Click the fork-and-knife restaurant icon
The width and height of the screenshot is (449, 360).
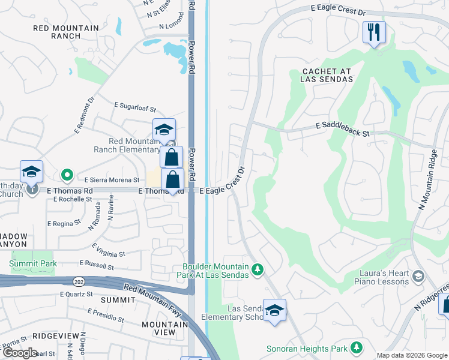(x=374, y=32)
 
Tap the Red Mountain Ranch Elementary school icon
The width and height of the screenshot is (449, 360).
(x=164, y=130)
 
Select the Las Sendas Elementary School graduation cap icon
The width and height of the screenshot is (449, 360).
(x=274, y=310)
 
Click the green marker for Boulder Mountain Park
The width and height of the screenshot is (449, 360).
(x=257, y=269)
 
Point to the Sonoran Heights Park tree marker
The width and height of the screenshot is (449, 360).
(x=357, y=347)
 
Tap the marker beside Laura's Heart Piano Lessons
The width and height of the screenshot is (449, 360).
(x=418, y=276)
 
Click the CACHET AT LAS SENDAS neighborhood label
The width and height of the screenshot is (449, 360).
(x=327, y=75)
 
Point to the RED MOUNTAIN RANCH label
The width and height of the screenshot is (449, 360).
(x=66, y=32)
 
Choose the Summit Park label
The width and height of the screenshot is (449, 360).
(x=33, y=263)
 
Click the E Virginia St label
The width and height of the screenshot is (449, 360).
(x=109, y=250)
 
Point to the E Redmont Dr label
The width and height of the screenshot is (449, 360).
(x=85, y=115)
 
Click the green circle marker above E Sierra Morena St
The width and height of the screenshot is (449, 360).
(x=67, y=176)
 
